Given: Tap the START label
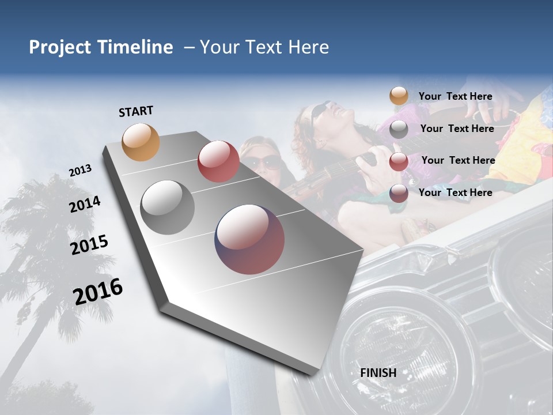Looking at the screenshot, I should click(136, 111).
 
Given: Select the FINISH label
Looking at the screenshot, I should click(378, 373).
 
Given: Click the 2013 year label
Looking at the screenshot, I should click(80, 171).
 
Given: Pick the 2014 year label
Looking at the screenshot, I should click(85, 204).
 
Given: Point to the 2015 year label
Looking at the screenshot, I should click(89, 244).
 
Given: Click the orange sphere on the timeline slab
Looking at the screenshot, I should click(141, 142).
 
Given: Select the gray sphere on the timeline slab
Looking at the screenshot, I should click(168, 207).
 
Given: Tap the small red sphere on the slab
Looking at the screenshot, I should click(218, 161).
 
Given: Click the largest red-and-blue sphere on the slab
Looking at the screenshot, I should click(249, 239).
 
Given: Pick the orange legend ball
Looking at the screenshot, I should click(399, 96).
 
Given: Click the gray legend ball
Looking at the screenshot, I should click(399, 129).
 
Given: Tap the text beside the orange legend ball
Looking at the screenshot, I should click(455, 96).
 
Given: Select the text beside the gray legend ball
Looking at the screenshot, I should click(457, 129).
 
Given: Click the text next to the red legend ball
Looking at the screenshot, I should click(458, 160).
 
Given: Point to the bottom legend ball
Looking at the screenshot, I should click(399, 193).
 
